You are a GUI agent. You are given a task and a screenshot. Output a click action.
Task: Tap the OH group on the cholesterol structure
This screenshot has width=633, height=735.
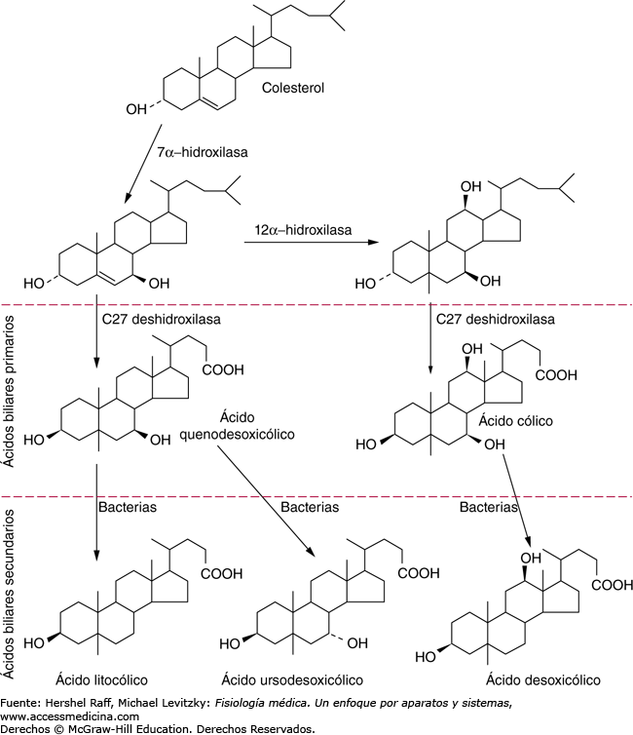point(138,109)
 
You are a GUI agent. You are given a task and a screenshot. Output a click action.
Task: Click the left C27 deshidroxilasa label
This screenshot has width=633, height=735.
point(161,319)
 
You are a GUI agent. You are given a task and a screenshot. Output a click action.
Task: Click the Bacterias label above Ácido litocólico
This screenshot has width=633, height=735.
point(128,507)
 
